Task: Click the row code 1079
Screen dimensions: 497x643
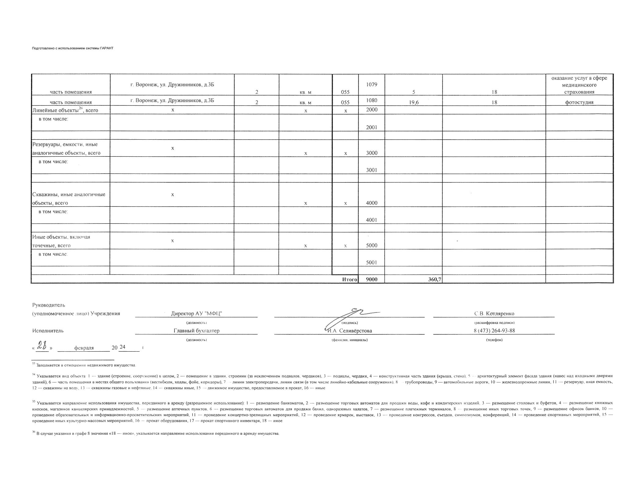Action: (371, 85)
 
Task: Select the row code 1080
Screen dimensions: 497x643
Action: (371, 100)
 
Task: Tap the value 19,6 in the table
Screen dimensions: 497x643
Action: (413, 103)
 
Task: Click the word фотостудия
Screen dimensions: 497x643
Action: (579, 102)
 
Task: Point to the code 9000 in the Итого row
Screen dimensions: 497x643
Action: (371, 280)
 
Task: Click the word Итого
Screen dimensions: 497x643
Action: (349, 280)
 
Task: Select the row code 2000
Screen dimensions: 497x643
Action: (371, 110)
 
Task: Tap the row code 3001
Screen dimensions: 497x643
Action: (371, 170)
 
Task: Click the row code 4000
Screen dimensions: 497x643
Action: (371, 203)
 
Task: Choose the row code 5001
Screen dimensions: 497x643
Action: (371, 262)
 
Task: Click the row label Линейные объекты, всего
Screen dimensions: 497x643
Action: (65, 110)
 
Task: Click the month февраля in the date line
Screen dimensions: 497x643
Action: (84, 348)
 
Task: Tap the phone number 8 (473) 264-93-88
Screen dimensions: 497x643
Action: (494, 331)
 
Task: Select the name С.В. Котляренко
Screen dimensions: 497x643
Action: (494, 313)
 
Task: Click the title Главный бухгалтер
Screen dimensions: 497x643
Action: (196, 331)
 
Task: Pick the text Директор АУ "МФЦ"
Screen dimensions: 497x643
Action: (196, 313)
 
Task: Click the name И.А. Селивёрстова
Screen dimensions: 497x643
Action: (349, 331)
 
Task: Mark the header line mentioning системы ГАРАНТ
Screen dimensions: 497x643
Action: (72, 48)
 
